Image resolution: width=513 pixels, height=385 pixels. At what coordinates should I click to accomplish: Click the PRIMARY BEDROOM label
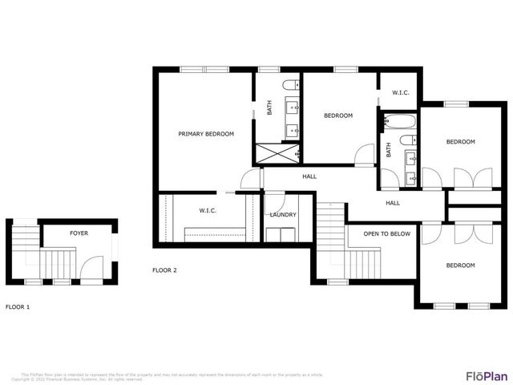coord(206,134)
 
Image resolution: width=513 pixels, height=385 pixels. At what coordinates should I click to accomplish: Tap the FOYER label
coord(79,233)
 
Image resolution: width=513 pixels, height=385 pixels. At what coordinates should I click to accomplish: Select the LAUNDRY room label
coord(283,215)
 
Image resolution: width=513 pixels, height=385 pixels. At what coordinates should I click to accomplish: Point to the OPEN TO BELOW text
coord(386,234)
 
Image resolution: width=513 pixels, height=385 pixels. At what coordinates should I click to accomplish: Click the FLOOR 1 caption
coord(18,307)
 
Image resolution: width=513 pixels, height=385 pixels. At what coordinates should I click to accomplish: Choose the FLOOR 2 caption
coord(164,270)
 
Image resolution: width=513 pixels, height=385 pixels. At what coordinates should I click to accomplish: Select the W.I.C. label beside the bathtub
coord(401,93)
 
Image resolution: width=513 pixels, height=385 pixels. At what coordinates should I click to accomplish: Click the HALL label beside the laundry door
coord(309,176)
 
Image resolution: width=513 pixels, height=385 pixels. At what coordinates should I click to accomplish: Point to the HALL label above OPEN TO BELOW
coord(393,203)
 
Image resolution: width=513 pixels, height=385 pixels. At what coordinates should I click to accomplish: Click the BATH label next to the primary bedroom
coord(269,107)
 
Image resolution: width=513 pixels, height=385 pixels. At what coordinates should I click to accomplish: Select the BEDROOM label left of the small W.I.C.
coord(337,115)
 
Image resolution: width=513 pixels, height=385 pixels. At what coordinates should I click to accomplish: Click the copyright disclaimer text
coord(172,376)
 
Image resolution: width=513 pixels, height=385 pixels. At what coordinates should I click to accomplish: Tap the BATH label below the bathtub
coord(389,150)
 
